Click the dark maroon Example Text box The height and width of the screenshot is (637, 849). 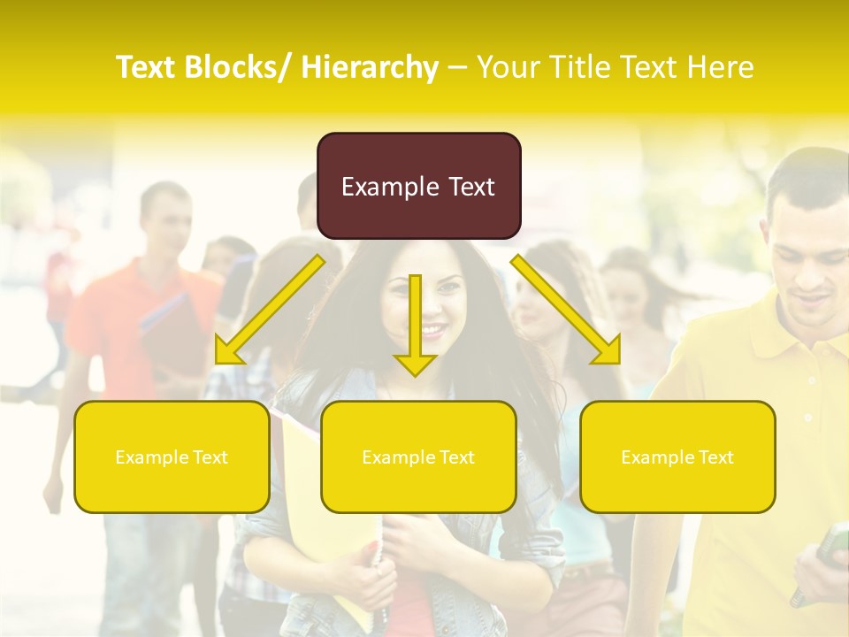[x=418, y=186]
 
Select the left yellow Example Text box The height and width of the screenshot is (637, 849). [x=172, y=457]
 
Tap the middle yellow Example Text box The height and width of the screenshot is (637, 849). [x=418, y=457]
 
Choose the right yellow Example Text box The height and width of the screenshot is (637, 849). [x=677, y=457]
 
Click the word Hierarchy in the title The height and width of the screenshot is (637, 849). [x=370, y=67]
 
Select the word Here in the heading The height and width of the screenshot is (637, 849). [x=722, y=67]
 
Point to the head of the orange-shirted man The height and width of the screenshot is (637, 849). [x=165, y=217]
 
